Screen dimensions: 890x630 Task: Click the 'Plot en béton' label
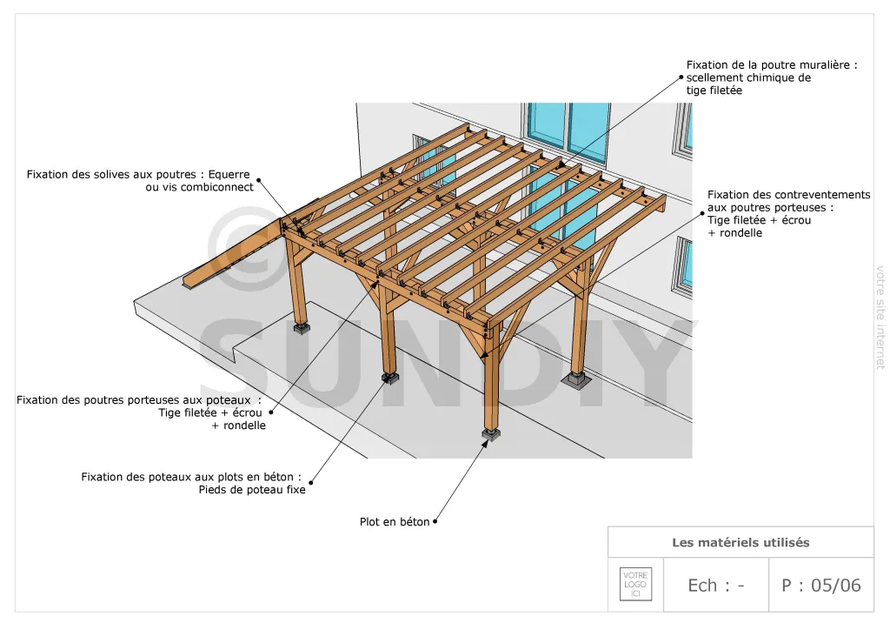click(395, 521)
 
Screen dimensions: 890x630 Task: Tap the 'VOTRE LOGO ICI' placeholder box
click(635, 584)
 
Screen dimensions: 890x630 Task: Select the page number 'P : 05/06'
click(820, 585)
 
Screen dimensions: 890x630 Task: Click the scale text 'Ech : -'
click(716, 585)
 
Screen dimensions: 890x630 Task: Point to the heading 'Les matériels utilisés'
click(741, 542)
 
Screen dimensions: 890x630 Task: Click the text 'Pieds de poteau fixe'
click(252, 490)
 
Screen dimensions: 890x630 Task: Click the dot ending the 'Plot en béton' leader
click(435, 521)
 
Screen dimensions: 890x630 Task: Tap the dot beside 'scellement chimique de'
click(681, 77)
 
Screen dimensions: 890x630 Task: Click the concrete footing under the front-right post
click(491, 436)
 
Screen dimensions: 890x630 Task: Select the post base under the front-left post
click(302, 329)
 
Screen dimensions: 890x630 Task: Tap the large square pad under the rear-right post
click(577, 380)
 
